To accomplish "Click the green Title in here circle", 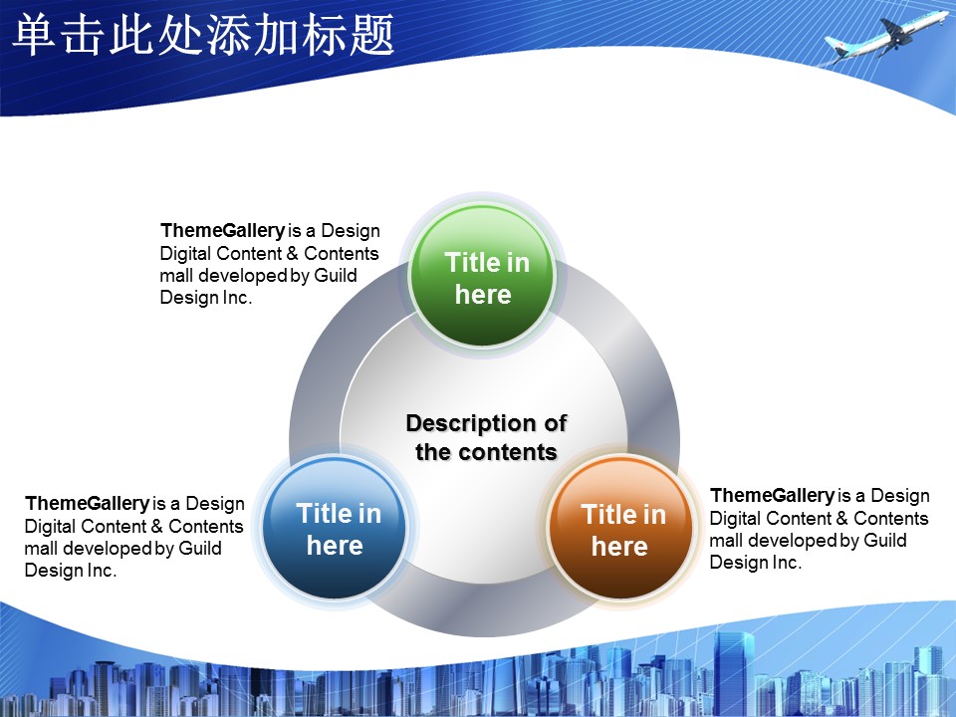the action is click(482, 276).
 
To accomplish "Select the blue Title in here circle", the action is click(335, 528).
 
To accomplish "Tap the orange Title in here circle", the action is click(620, 528).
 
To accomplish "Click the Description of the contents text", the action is click(487, 437).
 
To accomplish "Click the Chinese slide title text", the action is click(203, 35).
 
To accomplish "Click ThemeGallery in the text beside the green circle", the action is click(222, 230).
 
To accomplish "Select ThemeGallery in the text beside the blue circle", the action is click(88, 503).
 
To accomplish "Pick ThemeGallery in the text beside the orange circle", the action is click(773, 495).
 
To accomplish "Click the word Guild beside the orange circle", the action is click(885, 540).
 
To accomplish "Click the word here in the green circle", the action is click(483, 295).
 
